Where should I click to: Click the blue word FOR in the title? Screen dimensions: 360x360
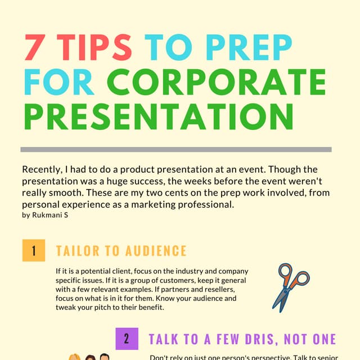pyautogui.click(x=59, y=81)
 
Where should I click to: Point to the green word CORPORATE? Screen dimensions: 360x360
pyautogui.click(x=216, y=81)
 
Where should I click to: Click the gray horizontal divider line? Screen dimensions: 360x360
pyautogui.click(x=175, y=150)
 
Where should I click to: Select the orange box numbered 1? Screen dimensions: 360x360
pyautogui.click(x=33, y=250)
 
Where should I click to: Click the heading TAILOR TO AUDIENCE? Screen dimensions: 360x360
pyautogui.click(x=121, y=251)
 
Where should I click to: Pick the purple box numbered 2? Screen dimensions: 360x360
pyautogui.click(x=127, y=339)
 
